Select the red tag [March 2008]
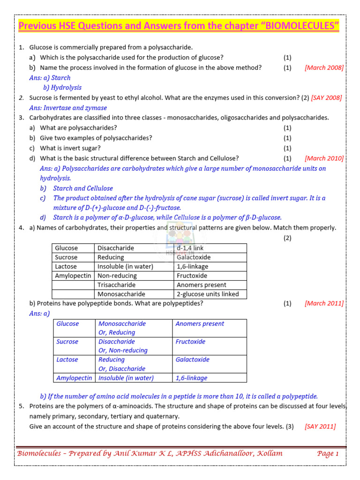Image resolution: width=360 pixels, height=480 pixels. [x=324, y=67]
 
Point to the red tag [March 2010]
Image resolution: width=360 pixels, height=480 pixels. [x=324, y=158]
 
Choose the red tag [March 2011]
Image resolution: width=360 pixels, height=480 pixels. [x=324, y=303]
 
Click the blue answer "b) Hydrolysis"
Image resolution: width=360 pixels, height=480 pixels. [x=62, y=87]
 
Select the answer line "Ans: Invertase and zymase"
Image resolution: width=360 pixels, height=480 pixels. [x=68, y=108]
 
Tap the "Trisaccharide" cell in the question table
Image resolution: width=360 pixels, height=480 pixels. [x=116, y=285]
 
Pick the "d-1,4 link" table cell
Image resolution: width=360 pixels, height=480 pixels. [x=190, y=248]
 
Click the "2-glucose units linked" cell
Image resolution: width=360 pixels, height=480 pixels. [x=208, y=294]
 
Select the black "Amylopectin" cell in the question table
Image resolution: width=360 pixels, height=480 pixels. [x=73, y=276]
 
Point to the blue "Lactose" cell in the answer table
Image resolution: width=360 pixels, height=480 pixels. [x=67, y=360]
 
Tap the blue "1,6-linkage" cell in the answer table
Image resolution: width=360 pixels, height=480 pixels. [x=191, y=378]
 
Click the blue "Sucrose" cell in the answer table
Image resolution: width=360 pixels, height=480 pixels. [x=67, y=342]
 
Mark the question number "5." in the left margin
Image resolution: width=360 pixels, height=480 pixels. [x=22, y=405]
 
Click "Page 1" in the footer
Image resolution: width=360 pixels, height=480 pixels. [x=328, y=453]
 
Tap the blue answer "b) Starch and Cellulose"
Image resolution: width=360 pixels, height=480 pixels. [x=76, y=188]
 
